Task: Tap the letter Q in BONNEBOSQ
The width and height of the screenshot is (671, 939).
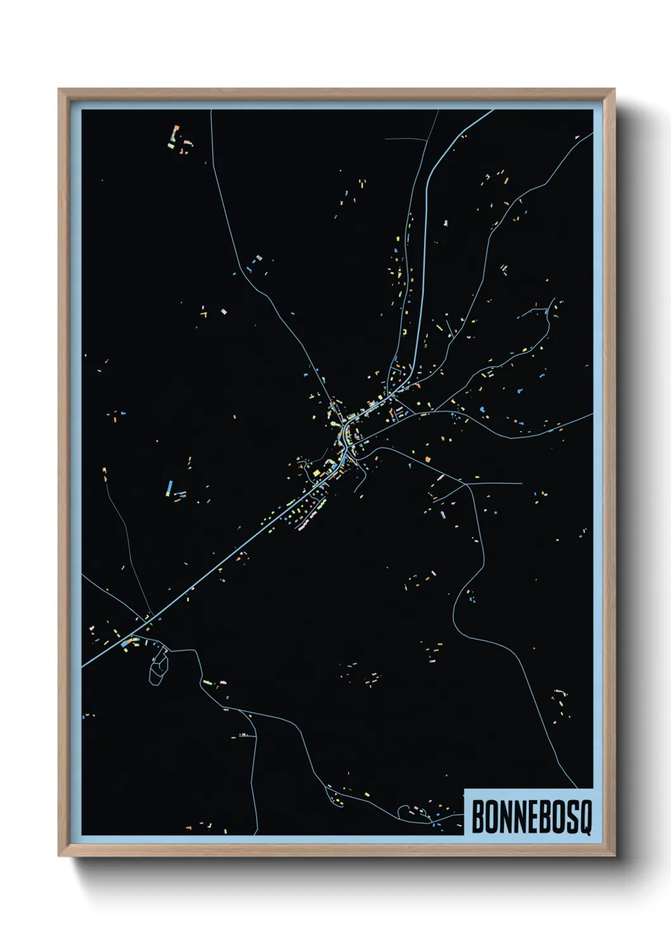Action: click(585, 819)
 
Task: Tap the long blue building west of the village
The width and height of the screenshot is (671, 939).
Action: click(169, 487)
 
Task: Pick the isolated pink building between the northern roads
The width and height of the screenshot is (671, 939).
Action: click(446, 223)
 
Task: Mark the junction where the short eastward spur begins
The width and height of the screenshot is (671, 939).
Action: click(467, 483)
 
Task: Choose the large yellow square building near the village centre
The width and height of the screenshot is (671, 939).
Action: click(316, 473)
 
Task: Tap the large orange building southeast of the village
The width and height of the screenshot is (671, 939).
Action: click(427, 458)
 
